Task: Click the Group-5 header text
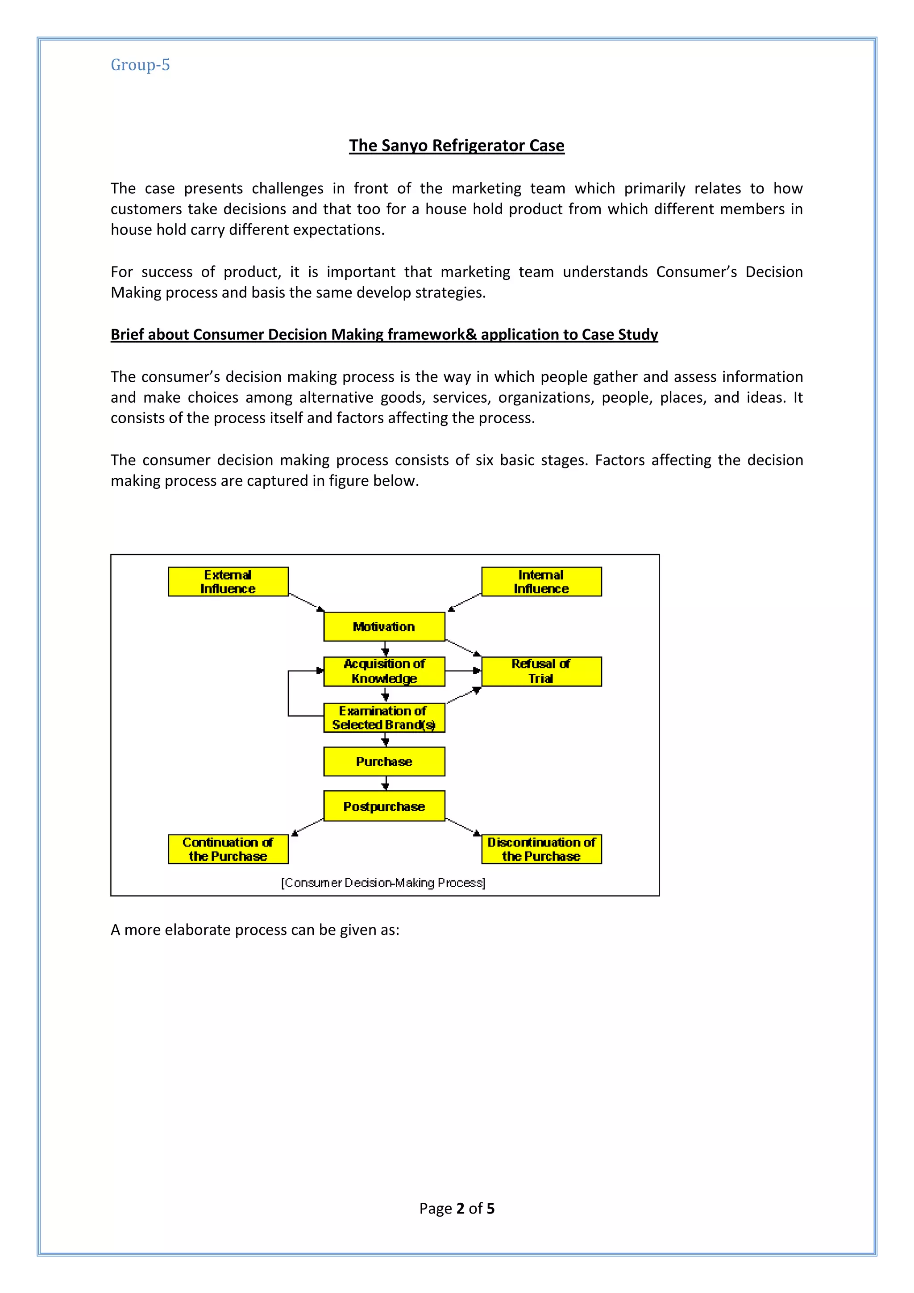click(x=140, y=65)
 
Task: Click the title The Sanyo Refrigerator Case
click(x=457, y=145)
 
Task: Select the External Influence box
click(x=228, y=581)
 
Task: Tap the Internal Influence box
click(x=541, y=581)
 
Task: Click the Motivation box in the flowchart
click(x=384, y=626)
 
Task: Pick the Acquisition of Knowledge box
click(x=384, y=671)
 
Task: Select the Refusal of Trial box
click(x=541, y=671)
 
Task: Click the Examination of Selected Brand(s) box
click(x=384, y=717)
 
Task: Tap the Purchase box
click(x=384, y=761)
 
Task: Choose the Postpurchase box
click(x=384, y=806)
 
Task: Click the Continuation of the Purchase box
click(x=228, y=849)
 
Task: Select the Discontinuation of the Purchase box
click(x=541, y=849)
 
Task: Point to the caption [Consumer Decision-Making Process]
click(x=383, y=882)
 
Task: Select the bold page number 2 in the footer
click(x=460, y=1209)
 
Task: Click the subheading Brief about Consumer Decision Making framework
click(x=384, y=334)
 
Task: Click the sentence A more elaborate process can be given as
click(x=255, y=930)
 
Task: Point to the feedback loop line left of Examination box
click(x=289, y=694)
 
